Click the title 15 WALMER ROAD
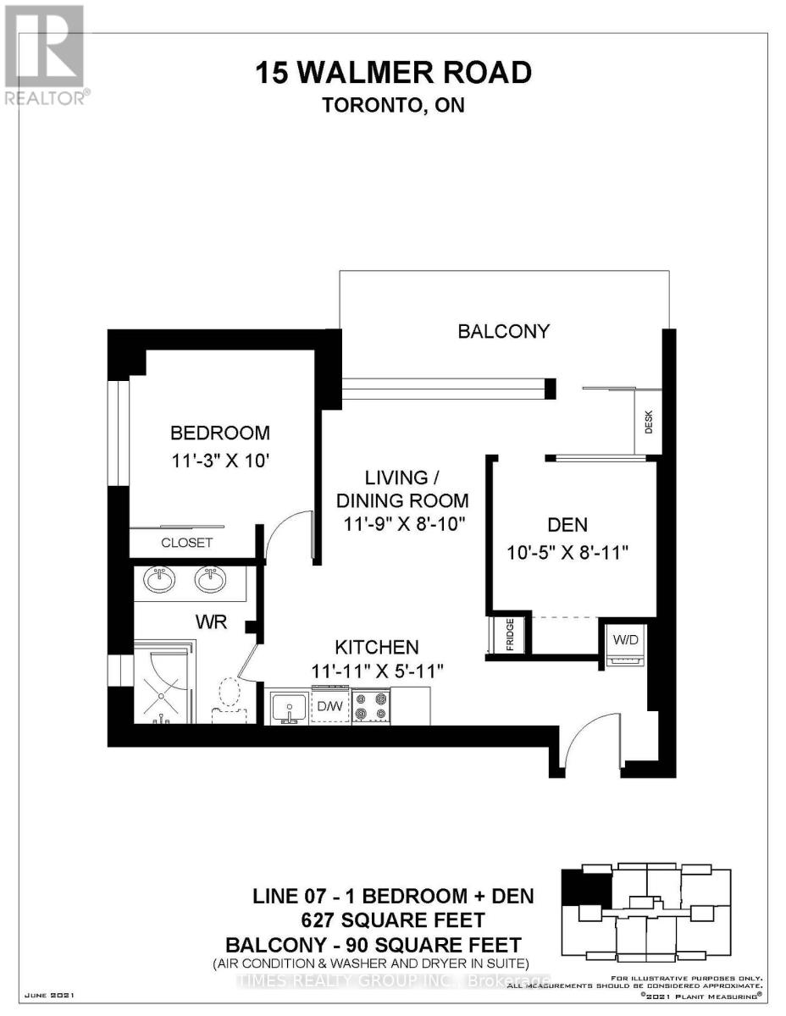pyautogui.click(x=394, y=73)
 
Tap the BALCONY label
pyautogui.click(x=503, y=331)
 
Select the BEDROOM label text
pyautogui.click(x=220, y=433)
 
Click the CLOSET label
pyautogui.click(x=187, y=543)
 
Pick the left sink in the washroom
pyautogui.click(x=159, y=581)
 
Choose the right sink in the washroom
pyautogui.click(x=210, y=581)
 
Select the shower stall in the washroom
pyautogui.click(x=164, y=683)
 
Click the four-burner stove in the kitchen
pyautogui.click(x=370, y=705)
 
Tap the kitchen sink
pyautogui.click(x=290, y=706)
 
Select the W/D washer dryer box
pyautogui.click(x=623, y=640)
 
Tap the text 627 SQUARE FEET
pyautogui.click(x=394, y=919)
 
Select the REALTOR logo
pyautogui.click(x=44, y=56)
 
